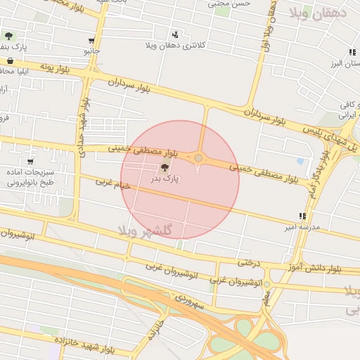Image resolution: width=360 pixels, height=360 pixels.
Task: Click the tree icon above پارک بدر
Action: coord(165,167)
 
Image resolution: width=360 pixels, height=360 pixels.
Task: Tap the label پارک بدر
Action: coord(165,179)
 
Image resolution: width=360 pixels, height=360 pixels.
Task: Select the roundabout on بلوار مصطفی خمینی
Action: coord(199,158)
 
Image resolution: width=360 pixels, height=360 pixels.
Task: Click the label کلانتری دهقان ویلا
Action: coord(174,46)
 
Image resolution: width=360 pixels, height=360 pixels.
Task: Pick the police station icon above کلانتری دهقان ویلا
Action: coord(175,34)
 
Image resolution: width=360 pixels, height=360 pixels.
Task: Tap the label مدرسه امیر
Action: coord(301,228)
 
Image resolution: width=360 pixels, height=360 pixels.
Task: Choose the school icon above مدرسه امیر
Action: coord(302,216)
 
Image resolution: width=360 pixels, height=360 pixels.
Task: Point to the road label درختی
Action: coord(247,262)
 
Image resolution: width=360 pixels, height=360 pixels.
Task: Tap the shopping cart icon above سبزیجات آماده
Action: coord(30,162)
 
